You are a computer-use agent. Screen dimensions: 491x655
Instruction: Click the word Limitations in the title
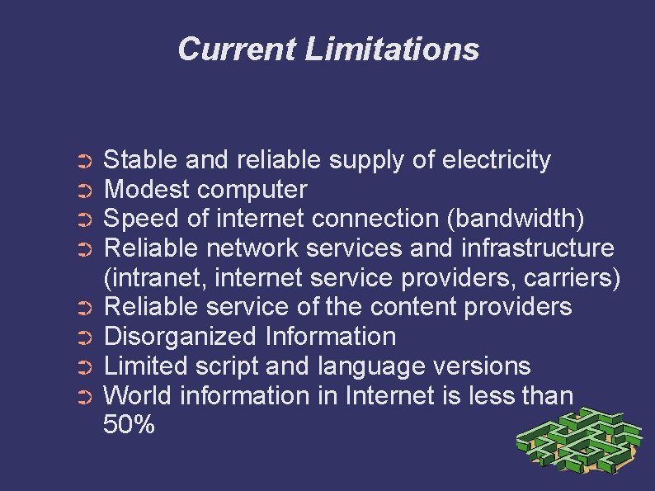(392, 49)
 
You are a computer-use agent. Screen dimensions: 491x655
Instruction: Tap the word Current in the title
(237, 49)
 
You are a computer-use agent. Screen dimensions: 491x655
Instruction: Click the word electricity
(497, 159)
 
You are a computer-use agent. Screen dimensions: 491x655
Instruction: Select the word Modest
(146, 189)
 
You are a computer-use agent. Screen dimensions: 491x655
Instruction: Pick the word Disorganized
(181, 337)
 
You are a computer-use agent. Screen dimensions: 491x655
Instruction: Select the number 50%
(129, 426)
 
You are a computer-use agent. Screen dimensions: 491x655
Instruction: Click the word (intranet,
(157, 277)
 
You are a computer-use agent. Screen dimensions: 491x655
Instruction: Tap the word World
(137, 396)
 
